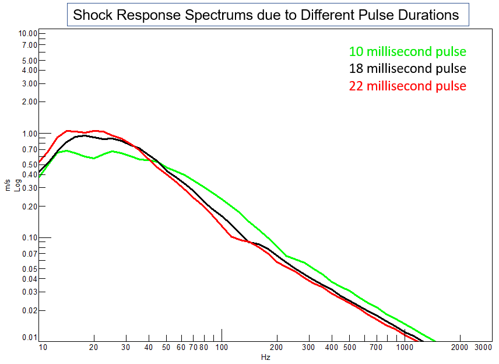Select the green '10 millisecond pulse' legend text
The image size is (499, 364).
tap(407, 51)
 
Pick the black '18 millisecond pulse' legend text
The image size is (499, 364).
tap(407, 69)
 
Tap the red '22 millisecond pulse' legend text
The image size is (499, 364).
tap(407, 86)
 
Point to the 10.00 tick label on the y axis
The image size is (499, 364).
tap(27, 34)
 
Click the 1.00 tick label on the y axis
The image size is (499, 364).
tap(29, 134)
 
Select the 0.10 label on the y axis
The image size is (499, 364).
tap(29, 238)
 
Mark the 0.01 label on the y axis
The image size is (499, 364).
tap(29, 338)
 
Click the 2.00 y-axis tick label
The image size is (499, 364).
tap(29, 101)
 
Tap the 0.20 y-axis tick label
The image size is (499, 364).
tap(29, 206)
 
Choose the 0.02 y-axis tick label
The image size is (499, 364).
tap(29, 311)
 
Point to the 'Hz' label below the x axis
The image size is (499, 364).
tap(265, 357)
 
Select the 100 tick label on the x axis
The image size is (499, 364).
tap(222, 348)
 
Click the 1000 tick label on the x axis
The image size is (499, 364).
tap(405, 348)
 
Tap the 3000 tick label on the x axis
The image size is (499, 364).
tap(484, 348)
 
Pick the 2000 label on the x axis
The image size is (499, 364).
tap(460, 348)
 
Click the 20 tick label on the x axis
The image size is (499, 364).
tap(94, 348)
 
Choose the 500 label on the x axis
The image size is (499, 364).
tap(349, 348)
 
